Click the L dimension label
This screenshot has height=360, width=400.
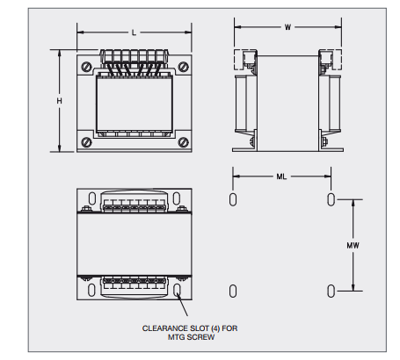[x=134, y=32]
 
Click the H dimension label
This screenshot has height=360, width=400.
[x=60, y=101]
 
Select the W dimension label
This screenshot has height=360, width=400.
[x=287, y=27]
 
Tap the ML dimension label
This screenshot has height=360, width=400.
[x=281, y=176]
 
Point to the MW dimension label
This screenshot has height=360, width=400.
[x=353, y=245]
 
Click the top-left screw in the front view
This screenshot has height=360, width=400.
[x=86, y=67]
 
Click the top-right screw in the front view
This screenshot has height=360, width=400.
[x=184, y=67]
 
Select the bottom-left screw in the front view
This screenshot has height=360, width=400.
[x=86, y=142]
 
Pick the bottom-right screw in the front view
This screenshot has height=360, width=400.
[x=184, y=142]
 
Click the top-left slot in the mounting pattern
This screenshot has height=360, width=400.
[x=233, y=199]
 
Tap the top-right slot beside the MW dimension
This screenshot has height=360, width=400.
[x=331, y=199]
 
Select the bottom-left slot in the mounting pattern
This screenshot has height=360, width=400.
[x=233, y=292]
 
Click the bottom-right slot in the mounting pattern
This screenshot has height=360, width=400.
[x=331, y=292]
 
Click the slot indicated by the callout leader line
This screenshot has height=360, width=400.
[x=177, y=290]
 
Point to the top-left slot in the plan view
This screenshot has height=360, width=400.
[x=91, y=198]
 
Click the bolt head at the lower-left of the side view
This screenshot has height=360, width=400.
[x=252, y=141]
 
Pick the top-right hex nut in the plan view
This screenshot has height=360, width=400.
[x=182, y=208]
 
